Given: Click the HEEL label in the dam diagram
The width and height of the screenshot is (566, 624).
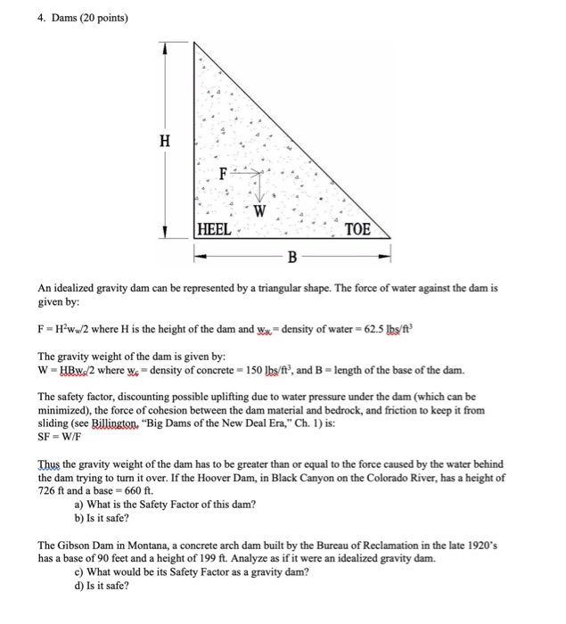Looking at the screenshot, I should click(214, 228).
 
